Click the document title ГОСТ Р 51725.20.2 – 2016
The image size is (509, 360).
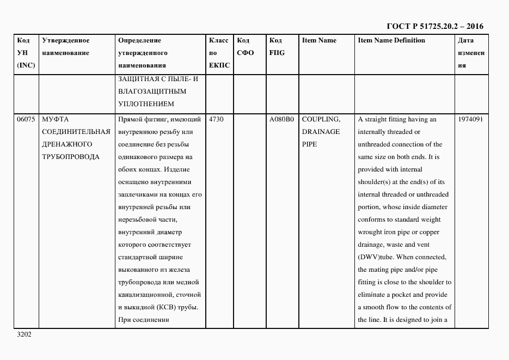coord(434,26)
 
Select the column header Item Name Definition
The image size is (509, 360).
coord(391,40)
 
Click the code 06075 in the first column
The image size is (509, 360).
coord(26,119)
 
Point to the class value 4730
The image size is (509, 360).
coord(216,119)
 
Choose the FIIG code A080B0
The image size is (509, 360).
coord(281,119)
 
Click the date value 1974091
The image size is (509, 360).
coord(470,119)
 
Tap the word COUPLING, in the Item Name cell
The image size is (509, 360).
coord(321,119)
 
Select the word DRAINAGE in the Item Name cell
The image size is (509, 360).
coord(321,132)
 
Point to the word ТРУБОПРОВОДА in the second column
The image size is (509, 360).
coord(71,157)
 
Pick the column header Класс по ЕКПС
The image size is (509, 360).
coord(219,53)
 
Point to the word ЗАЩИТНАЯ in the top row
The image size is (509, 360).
coord(136,78)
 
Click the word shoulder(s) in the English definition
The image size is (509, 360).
coord(375,182)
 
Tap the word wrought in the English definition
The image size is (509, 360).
coord(371,232)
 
